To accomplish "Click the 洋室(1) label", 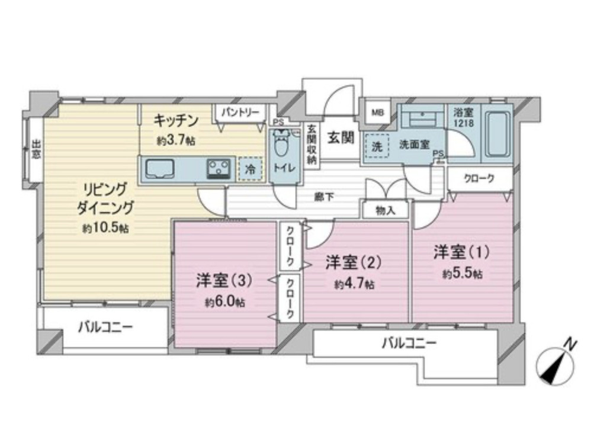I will (x=461, y=253).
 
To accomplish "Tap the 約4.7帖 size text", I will (x=354, y=284).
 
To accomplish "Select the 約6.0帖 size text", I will (x=226, y=302).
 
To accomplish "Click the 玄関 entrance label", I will (x=342, y=137).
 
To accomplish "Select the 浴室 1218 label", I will (x=463, y=116).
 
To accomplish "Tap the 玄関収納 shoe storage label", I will (x=312, y=145).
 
